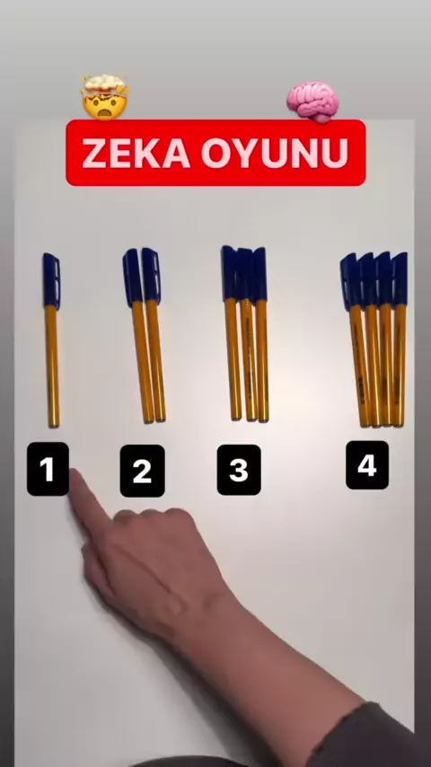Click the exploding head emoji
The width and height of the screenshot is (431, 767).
tap(105, 97)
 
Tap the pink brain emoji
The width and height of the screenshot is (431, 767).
tap(312, 101)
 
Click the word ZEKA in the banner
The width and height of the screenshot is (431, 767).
tap(136, 153)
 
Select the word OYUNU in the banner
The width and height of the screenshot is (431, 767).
tap(275, 153)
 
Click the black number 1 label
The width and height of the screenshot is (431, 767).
tap(48, 469)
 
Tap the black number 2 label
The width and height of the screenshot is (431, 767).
tap(143, 471)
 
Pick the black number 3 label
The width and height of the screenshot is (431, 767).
tap(239, 470)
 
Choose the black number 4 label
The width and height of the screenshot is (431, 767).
tap(367, 465)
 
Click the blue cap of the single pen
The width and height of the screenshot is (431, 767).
tap(51, 281)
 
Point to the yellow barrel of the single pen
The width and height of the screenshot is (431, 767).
tap(52, 366)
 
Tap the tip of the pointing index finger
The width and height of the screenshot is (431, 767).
tap(75, 474)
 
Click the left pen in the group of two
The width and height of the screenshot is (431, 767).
tap(137, 336)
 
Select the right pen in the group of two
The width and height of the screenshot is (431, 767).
tap(154, 335)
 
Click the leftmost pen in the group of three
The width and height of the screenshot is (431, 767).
tap(232, 332)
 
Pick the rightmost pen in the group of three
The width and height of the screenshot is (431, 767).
tap(261, 335)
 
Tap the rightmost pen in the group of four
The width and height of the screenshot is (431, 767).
tap(400, 339)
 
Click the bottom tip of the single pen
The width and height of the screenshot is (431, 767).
tap(54, 426)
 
